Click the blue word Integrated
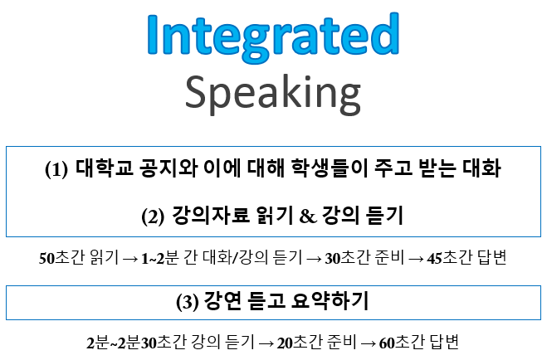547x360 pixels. pos(273,35)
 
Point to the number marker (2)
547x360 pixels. pos(154,216)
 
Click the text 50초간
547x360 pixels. pos(58,257)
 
